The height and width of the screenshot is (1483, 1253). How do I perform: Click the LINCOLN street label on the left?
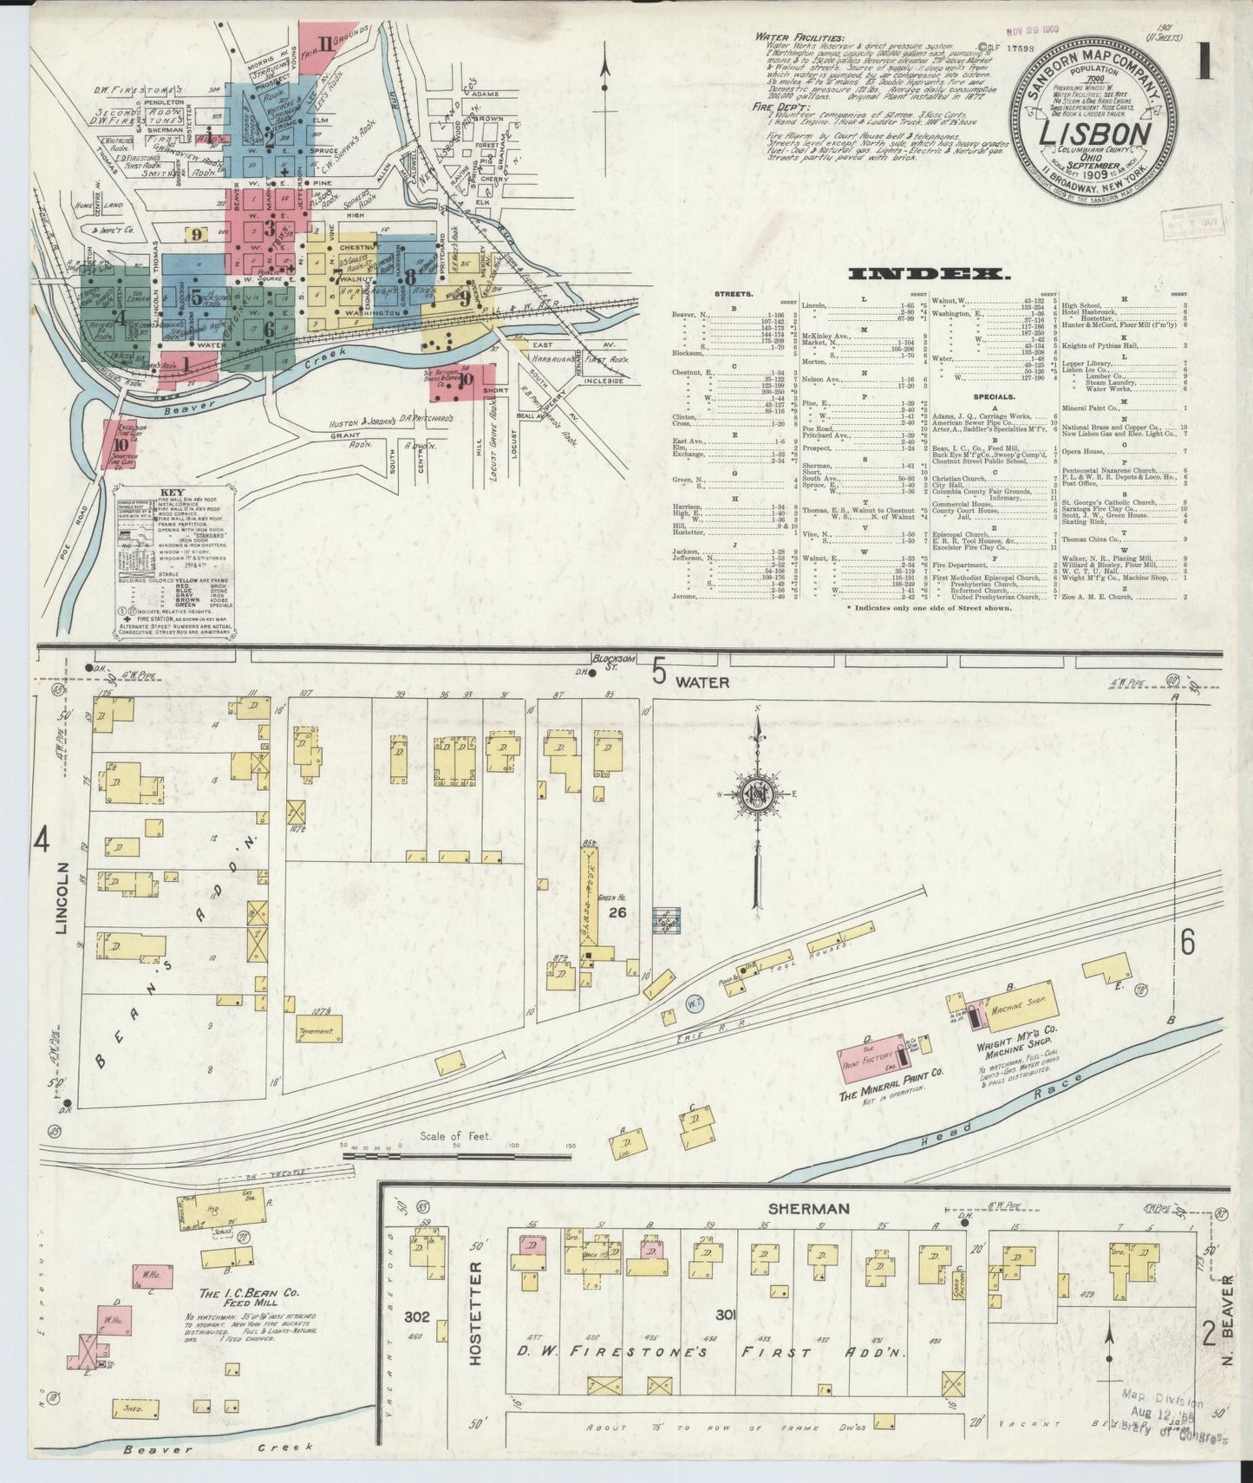pyautogui.click(x=62, y=899)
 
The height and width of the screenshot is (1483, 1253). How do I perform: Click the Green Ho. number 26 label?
pyautogui.click(x=617, y=912)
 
